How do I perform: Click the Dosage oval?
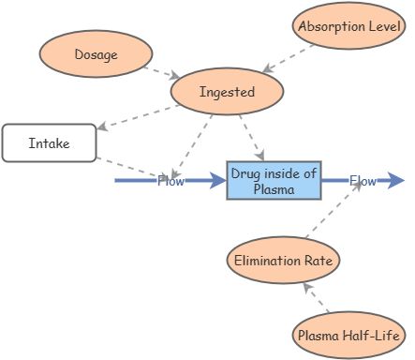click(x=96, y=54)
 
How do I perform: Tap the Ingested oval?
click(x=227, y=92)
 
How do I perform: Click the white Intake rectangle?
click(x=49, y=143)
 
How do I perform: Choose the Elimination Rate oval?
click(x=283, y=260)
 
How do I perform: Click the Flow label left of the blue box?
click(x=170, y=181)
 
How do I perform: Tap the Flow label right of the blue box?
click(x=363, y=181)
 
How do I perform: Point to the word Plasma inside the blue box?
click(x=274, y=188)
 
